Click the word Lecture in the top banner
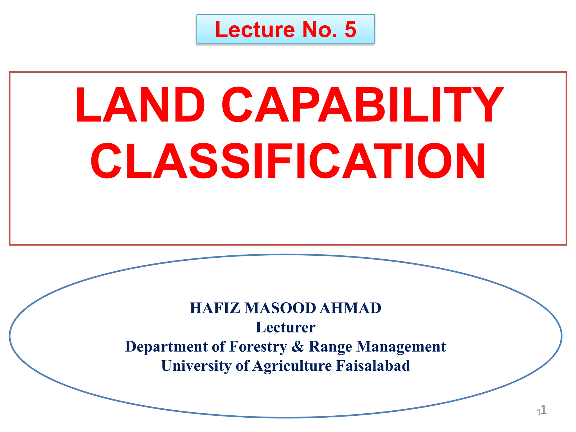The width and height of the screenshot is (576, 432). coord(255,30)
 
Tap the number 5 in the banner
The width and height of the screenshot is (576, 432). coord(350,30)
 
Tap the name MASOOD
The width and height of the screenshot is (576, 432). coord(280,308)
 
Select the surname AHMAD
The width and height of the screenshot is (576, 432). coord(350,308)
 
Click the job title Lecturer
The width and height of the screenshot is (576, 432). coord(285,327)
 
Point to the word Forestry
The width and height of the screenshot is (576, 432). coord(258,346)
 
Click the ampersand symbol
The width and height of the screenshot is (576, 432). coord(298,346)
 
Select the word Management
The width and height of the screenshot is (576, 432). coord(401,346)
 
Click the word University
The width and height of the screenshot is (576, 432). coord(196,366)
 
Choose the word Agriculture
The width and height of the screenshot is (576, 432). coord(292,366)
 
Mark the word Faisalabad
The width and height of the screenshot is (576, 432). coord(373,366)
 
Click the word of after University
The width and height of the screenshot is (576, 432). coord(242,366)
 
